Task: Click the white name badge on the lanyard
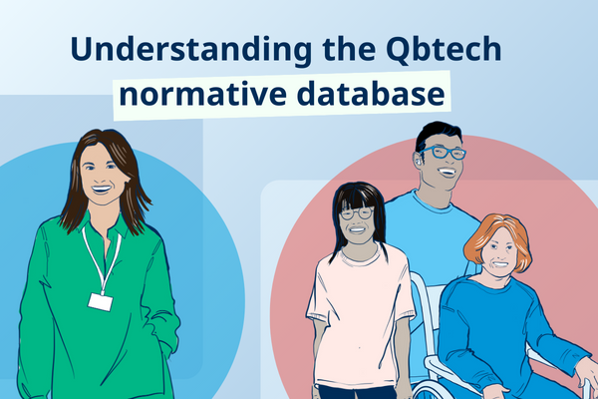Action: [x=99, y=300]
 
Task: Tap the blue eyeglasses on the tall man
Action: [x=442, y=153]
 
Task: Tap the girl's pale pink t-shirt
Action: [x=360, y=299]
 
